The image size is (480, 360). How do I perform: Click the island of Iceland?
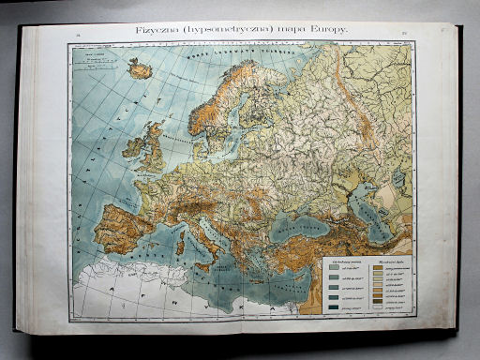[x=140, y=68]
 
